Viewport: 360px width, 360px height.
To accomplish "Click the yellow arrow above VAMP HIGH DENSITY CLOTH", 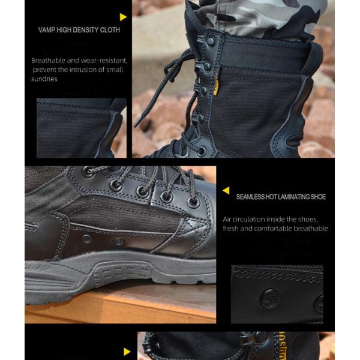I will pyautogui.click(x=124, y=17).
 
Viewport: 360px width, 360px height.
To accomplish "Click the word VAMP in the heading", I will pyautogui.click(x=49, y=30).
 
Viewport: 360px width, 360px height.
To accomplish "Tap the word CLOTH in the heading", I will pyautogui.click(x=110, y=30).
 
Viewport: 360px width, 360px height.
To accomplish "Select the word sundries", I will pyautogui.click(x=44, y=79).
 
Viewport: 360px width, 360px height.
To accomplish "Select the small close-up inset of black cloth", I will pyautogui.click(x=81, y=128).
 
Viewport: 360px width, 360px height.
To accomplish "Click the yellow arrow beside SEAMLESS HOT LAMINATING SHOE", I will pyautogui.click(x=226, y=190).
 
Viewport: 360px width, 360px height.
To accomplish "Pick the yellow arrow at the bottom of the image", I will pyautogui.click(x=127, y=352).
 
